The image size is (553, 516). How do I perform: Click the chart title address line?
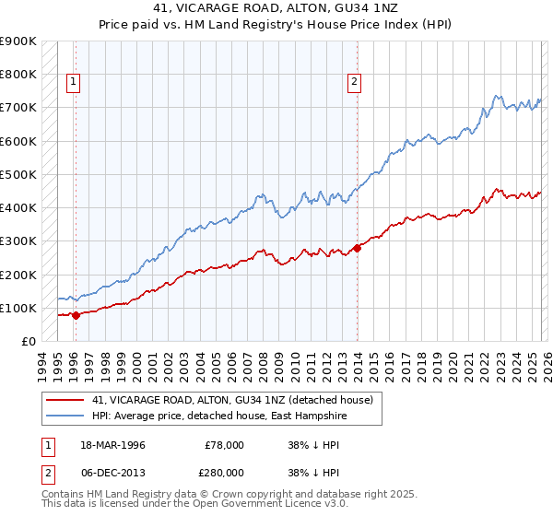pyautogui.click(x=276, y=9)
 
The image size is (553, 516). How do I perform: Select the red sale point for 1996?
pyautogui.click(x=76, y=315)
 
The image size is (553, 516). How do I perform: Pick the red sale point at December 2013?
pyautogui.click(x=358, y=248)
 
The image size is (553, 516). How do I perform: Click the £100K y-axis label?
pyautogui.click(x=18, y=308)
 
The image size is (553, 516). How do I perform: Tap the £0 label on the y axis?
pyautogui.click(x=28, y=342)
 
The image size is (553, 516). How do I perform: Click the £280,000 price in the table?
pyautogui.click(x=224, y=472)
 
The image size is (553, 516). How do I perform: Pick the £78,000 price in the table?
pyautogui.click(x=224, y=445)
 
